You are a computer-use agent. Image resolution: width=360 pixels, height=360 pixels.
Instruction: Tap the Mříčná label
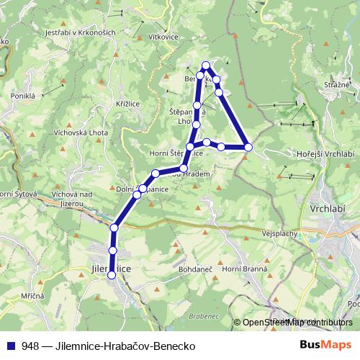(x=32, y=296)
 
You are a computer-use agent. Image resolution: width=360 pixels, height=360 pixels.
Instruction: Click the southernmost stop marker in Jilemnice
(x=112, y=275)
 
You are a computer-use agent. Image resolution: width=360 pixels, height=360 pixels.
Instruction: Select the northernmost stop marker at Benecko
(x=206, y=65)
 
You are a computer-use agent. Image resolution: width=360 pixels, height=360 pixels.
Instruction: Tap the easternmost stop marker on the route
(x=248, y=147)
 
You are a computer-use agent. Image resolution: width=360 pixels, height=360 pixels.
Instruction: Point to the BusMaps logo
(x=325, y=346)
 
